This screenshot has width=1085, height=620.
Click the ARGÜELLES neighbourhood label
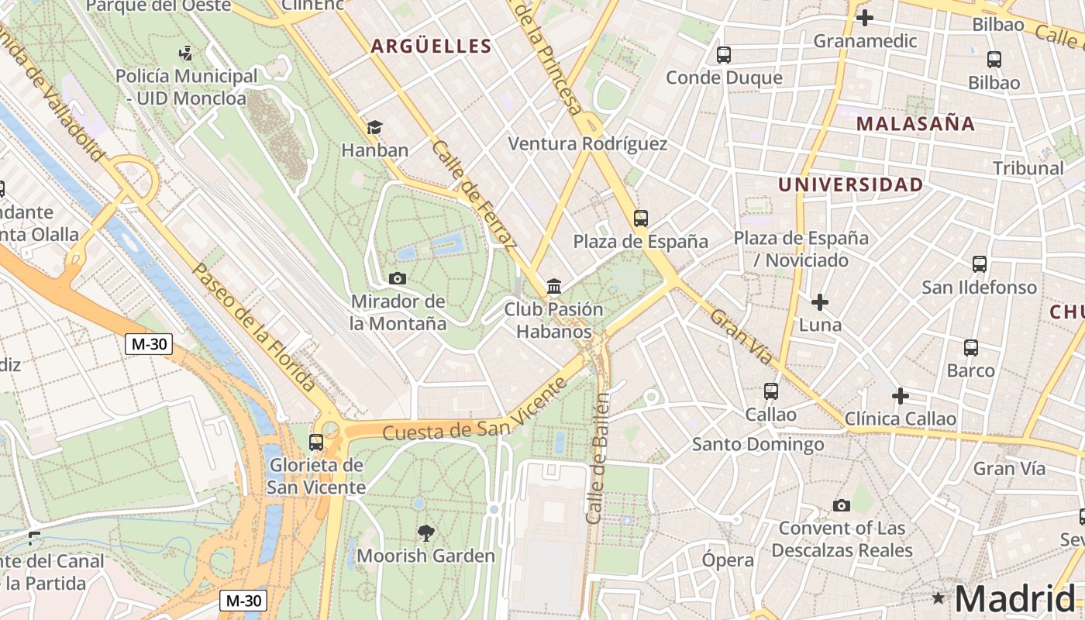[x=431, y=46]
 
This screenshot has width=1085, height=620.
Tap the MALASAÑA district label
[x=915, y=124]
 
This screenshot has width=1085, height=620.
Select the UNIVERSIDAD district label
[x=850, y=185]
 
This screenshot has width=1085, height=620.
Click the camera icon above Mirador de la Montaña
[x=397, y=278]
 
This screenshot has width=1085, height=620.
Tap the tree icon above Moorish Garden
[x=425, y=532]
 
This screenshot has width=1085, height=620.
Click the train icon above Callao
[x=770, y=391]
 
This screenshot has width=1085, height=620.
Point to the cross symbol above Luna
[x=819, y=301]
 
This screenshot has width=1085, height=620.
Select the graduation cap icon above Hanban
[x=375, y=127]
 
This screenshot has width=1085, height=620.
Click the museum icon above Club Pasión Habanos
[x=554, y=287]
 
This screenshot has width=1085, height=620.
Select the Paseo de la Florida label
[x=253, y=327]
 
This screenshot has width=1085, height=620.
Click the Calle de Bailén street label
[x=598, y=457]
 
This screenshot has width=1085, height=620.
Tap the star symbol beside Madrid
[x=939, y=598]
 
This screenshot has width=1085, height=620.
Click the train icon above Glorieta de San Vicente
[x=316, y=443]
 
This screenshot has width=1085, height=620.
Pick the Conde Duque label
[x=724, y=77]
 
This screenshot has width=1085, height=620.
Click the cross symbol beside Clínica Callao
[x=900, y=397]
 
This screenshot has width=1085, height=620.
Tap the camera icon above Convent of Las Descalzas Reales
[x=841, y=506]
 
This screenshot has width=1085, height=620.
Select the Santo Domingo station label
[x=757, y=445]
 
